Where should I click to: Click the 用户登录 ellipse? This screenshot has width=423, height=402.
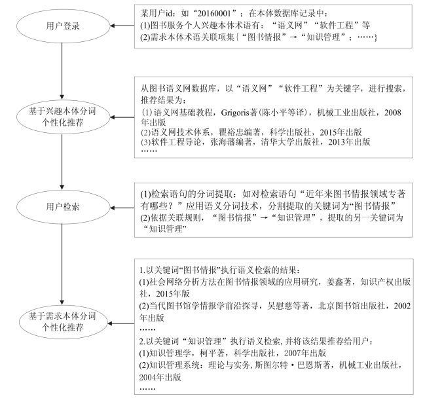click(63, 26)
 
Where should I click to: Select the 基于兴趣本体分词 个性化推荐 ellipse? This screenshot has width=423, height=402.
click(63, 117)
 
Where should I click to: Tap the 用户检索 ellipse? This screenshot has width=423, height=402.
click(63, 207)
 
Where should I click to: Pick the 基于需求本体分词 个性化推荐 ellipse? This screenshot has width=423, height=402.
click(63, 322)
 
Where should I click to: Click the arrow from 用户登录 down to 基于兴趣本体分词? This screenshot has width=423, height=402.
click(62, 71)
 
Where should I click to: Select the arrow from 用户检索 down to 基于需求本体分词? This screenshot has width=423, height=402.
click(62, 265)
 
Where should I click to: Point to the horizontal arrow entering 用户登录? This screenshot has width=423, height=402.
click(122, 26)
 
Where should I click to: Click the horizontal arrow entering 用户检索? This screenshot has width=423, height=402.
click(122, 208)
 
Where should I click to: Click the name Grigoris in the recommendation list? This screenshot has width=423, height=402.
click(234, 113)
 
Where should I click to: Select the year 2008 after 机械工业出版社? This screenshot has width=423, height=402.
click(393, 113)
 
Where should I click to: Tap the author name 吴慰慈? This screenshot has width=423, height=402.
click(280, 306)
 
